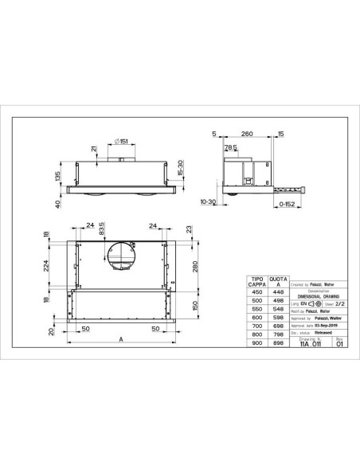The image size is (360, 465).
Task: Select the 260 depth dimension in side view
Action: click(247, 135)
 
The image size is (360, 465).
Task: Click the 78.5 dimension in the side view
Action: click(230, 147)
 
